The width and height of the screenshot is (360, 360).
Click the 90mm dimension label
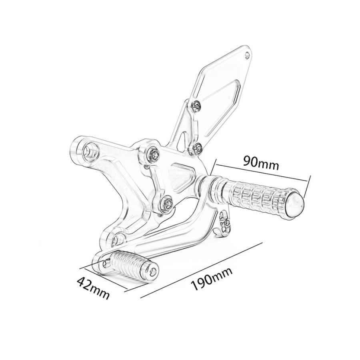(262, 162)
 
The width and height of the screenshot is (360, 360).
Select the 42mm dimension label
(93, 288)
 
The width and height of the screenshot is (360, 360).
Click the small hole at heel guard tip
(247, 55)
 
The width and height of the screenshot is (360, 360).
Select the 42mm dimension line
(103, 278)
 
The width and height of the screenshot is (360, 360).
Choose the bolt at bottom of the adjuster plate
(167, 202)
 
